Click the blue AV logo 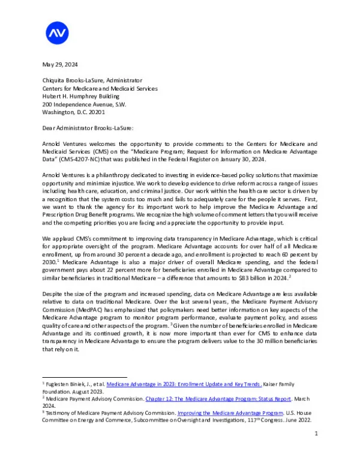click(57, 32)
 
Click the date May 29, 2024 click(60, 64)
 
